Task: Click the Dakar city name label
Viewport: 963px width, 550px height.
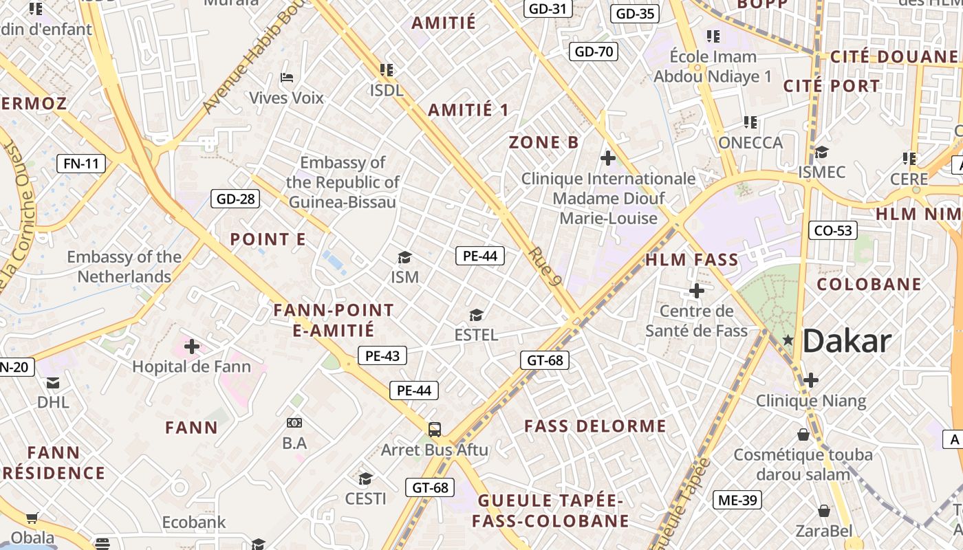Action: [x=847, y=341]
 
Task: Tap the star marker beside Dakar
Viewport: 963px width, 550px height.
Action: [x=788, y=340]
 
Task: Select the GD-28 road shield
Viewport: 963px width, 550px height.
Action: [x=236, y=199]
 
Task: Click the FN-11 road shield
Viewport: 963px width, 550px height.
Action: [x=81, y=164]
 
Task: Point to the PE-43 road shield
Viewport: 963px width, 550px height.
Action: [x=382, y=355]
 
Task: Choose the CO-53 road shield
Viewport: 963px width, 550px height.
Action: [x=833, y=230]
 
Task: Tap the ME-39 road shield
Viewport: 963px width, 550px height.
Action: [x=737, y=500]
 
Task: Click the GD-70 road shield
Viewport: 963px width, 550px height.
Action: [x=594, y=52]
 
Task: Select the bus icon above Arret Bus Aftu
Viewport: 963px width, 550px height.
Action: [x=435, y=430]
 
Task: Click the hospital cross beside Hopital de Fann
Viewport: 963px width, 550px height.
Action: [x=192, y=346]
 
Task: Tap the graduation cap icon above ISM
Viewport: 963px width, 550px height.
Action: [x=404, y=258]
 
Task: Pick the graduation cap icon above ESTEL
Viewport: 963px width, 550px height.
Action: [x=476, y=316]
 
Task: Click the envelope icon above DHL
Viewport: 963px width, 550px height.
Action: [x=53, y=383]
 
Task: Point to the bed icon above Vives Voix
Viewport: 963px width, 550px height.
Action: [x=287, y=78]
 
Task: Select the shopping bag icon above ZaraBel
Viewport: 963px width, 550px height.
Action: [x=823, y=511]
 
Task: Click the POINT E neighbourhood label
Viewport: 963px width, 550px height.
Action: [x=268, y=240]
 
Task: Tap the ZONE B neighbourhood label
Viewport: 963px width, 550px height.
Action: [x=544, y=142]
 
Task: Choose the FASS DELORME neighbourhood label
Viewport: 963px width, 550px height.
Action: [x=596, y=426]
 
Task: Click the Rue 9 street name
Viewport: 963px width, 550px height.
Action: [x=546, y=266]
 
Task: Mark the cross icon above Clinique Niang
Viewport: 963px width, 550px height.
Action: [x=811, y=379]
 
